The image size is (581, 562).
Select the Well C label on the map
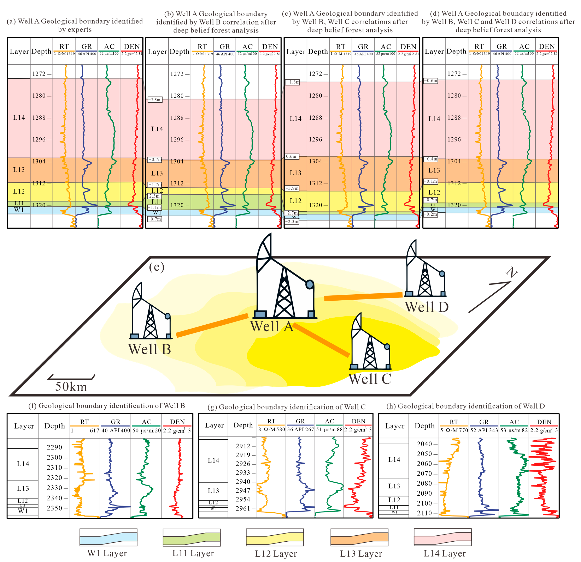click(x=370, y=379)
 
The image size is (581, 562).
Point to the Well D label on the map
click(x=427, y=307)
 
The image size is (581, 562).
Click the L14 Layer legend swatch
click(x=443, y=537)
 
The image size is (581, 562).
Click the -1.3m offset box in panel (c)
click(x=292, y=82)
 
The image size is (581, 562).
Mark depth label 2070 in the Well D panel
click(x=424, y=473)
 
